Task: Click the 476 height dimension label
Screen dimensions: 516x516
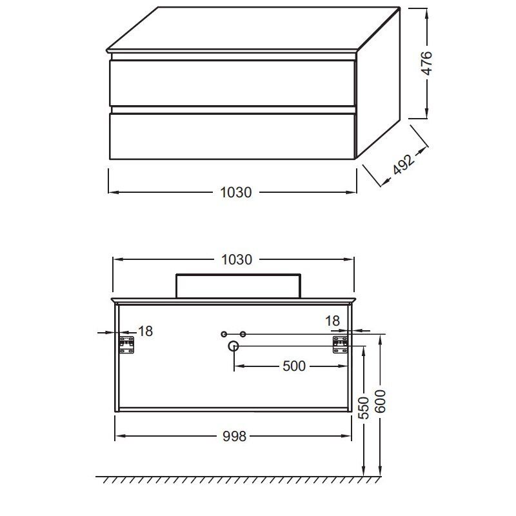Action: [x=426, y=63]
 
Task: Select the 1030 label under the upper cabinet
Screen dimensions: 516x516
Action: [x=235, y=192]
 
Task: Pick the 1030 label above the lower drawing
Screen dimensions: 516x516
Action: [x=236, y=260]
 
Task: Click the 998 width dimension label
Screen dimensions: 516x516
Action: [x=234, y=437]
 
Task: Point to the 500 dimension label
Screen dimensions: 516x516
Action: [x=294, y=366]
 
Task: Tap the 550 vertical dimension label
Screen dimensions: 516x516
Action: [x=364, y=408]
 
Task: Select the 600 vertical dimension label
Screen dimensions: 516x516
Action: [x=380, y=401]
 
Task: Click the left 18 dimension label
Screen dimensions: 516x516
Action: [x=145, y=332]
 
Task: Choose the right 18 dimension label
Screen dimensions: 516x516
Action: [x=332, y=321]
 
